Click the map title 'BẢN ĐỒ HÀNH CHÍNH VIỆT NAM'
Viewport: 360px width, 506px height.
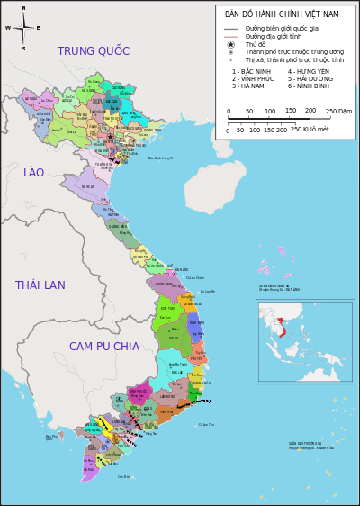[x=282, y=14]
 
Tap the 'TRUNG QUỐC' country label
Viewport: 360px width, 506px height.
[x=94, y=51]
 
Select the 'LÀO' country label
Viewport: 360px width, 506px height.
[x=34, y=173]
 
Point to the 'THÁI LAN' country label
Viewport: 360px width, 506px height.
[x=40, y=285]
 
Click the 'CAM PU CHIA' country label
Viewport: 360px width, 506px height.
[x=104, y=347]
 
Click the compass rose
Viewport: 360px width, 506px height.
[x=23, y=28]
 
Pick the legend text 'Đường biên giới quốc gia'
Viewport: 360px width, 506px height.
[x=281, y=29]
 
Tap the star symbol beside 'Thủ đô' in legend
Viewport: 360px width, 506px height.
[x=231, y=44]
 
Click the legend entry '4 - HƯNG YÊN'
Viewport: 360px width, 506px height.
[x=309, y=71]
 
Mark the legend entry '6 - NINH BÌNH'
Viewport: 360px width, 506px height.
[x=310, y=86]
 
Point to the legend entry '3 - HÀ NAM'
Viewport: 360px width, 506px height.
[x=251, y=86]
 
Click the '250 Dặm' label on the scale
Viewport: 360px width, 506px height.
[x=338, y=111]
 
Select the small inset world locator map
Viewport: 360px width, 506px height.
[x=304, y=342]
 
